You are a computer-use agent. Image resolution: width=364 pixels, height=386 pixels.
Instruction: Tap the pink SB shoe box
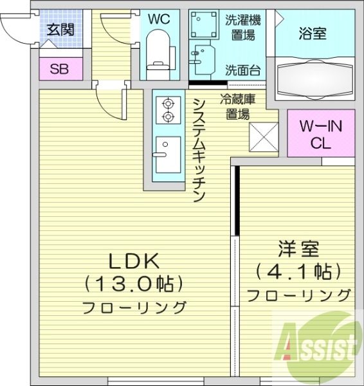59,69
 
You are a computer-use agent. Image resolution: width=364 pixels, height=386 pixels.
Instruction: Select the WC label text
158,19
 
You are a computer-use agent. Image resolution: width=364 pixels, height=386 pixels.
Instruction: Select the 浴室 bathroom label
313,33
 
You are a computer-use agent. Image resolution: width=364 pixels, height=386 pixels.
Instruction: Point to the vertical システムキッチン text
199,149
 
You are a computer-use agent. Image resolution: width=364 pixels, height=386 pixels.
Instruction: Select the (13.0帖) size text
134,283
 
